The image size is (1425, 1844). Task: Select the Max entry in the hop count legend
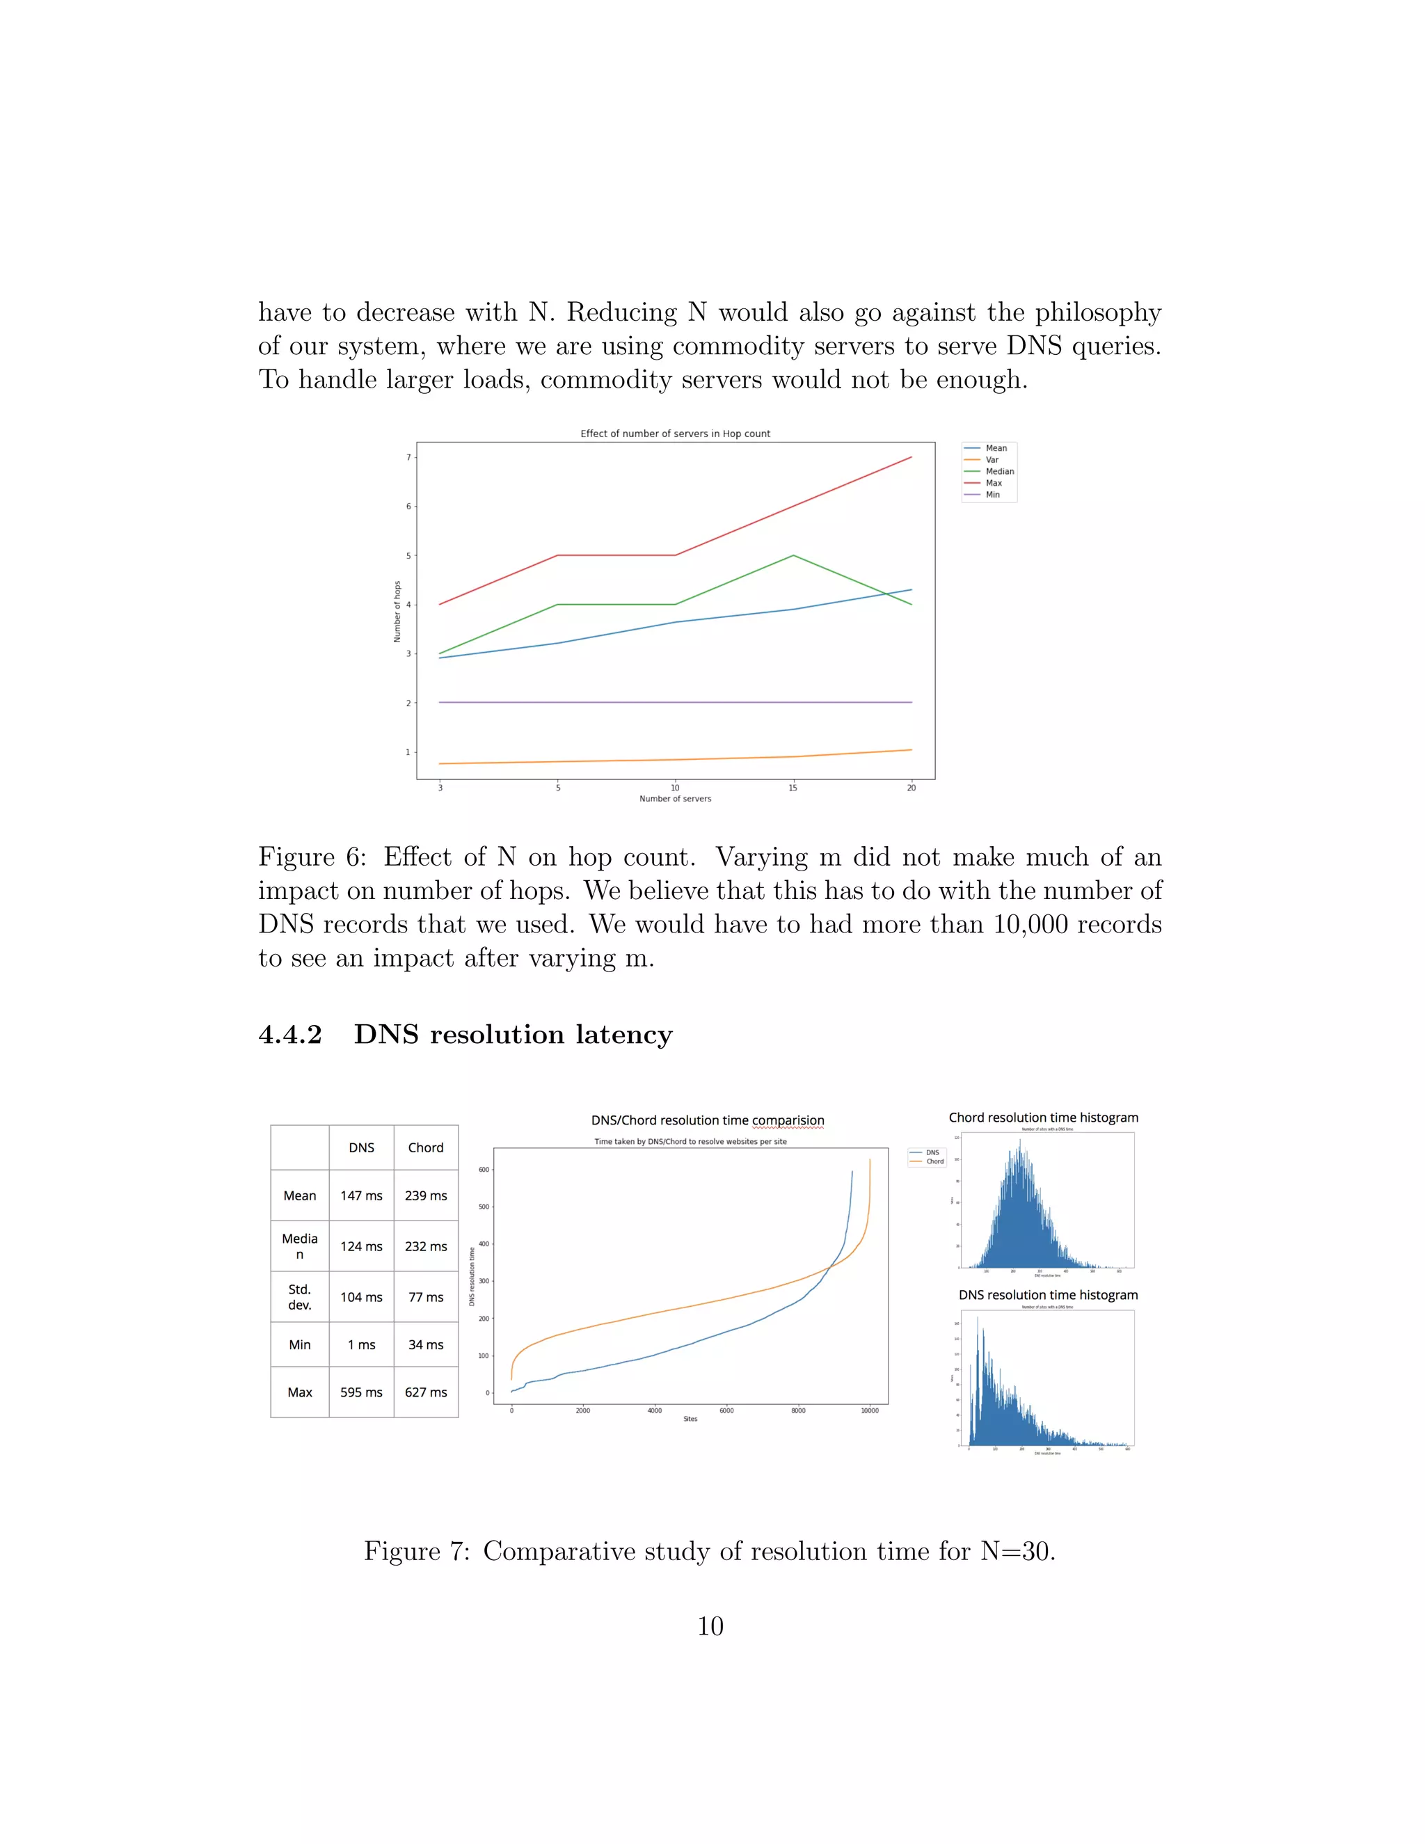pyautogui.click(x=993, y=483)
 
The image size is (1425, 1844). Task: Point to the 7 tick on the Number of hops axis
pyautogui.click(x=408, y=458)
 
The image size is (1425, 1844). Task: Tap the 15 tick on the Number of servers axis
pyautogui.click(x=793, y=788)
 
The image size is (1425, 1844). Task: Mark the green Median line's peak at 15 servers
pyautogui.click(x=793, y=555)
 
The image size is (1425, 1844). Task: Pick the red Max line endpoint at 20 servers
pyautogui.click(x=911, y=458)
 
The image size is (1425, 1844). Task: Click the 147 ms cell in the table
pyautogui.click(x=361, y=1195)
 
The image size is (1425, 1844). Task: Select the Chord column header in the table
pyautogui.click(x=425, y=1147)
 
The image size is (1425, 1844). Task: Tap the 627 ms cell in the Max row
pyautogui.click(x=425, y=1392)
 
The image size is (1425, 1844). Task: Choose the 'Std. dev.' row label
pyautogui.click(x=300, y=1297)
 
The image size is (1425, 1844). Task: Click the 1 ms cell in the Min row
pyautogui.click(x=361, y=1345)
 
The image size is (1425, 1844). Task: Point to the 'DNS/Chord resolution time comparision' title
pyautogui.click(x=708, y=1120)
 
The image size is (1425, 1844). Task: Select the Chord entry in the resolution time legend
pyautogui.click(x=934, y=1162)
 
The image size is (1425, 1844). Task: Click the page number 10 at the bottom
pyautogui.click(x=710, y=1626)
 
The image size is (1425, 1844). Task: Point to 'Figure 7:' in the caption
pyautogui.click(x=416, y=1551)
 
